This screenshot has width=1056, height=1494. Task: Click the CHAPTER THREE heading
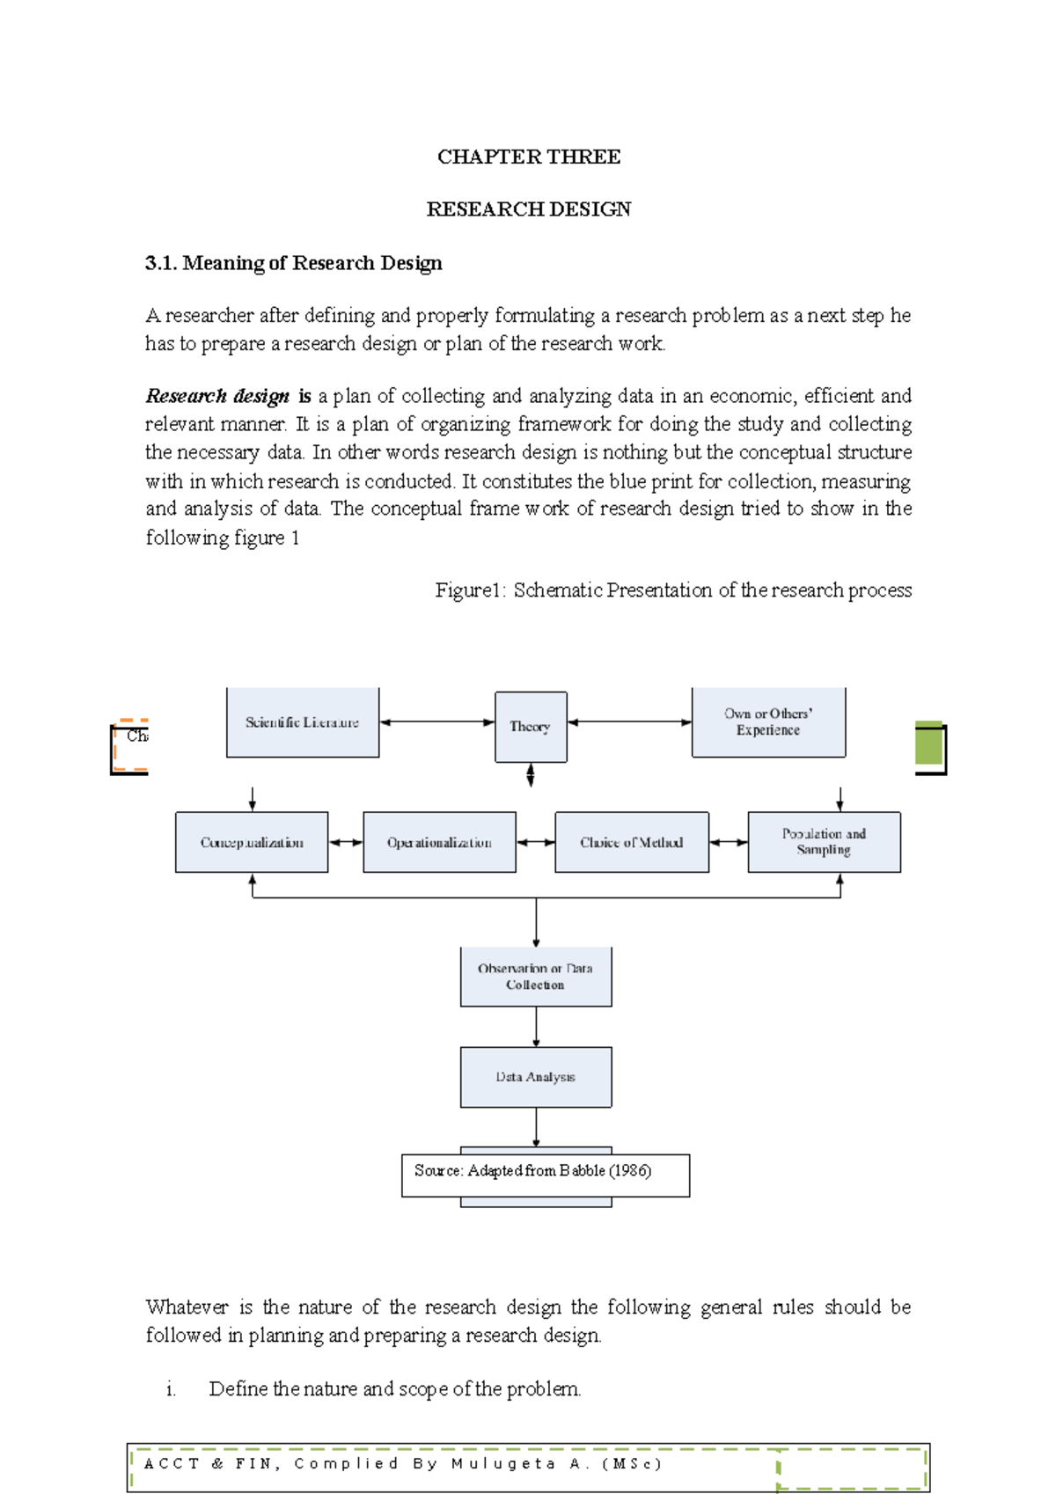(x=528, y=157)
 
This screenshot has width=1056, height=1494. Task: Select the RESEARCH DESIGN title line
(x=528, y=209)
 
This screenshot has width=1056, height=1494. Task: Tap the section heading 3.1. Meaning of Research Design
(x=293, y=263)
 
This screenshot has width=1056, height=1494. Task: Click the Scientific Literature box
(x=303, y=722)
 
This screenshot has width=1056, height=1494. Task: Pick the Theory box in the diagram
(x=530, y=727)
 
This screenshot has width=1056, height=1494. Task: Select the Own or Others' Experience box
(x=768, y=721)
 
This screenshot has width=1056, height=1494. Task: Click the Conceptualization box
(x=252, y=842)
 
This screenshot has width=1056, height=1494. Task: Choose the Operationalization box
(x=439, y=842)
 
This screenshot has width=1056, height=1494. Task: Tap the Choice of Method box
(x=631, y=842)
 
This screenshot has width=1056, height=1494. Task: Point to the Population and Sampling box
(x=824, y=842)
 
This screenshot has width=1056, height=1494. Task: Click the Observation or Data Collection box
(x=535, y=977)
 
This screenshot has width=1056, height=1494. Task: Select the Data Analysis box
(x=535, y=1077)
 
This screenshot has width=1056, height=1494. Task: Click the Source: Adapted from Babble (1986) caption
(x=533, y=1171)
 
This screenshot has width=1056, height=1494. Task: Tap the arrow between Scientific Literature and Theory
(x=437, y=722)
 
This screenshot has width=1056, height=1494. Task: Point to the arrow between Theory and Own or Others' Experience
(x=629, y=722)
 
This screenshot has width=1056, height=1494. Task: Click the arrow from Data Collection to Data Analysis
(x=536, y=1027)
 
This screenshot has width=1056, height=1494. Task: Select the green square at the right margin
(x=928, y=743)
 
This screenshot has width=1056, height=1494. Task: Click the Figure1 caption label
(x=470, y=590)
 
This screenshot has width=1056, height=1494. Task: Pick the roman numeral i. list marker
(x=171, y=1389)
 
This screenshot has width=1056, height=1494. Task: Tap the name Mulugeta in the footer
(x=503, y=1464)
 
